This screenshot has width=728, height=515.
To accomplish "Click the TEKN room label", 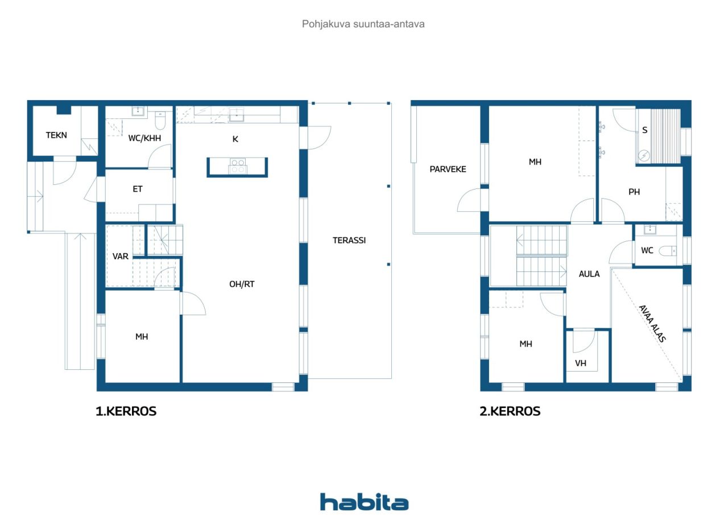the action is (56, 135).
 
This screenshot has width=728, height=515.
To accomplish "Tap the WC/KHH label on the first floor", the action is (144, 138).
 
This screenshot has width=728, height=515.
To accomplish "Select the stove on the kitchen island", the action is (238, 166).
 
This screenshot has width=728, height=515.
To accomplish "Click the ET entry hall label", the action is (138, 189).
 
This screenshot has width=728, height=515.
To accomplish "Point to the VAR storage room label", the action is (120, 256).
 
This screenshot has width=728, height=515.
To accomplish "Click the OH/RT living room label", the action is (242, 284).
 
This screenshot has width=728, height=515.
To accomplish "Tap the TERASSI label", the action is (349, 240).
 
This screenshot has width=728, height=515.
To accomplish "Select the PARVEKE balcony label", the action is (448, 169).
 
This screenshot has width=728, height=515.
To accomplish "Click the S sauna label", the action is (645, 130).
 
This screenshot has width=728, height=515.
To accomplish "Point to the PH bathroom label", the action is (634, 192).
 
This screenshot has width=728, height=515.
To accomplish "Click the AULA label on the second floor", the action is (589, 274).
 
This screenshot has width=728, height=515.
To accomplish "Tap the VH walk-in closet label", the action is (581, 363).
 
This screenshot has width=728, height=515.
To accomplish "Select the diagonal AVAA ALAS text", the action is (652, 323).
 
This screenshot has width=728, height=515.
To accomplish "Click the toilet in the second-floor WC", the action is (668, 251).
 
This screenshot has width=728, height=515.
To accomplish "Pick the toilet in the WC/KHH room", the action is (160, 121).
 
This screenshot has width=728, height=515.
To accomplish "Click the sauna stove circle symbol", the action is (644, 156).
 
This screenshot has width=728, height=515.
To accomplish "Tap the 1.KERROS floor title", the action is (126, 411).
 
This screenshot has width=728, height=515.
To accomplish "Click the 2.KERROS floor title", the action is (510, 411).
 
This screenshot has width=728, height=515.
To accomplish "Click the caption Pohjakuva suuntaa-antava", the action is (363, 24).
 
